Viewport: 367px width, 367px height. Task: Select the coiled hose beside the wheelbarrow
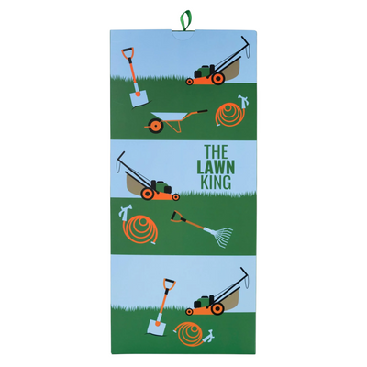coord(230,115)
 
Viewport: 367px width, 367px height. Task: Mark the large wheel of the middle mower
coord(172,194)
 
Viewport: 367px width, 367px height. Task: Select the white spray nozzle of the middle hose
coord(122,214)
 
